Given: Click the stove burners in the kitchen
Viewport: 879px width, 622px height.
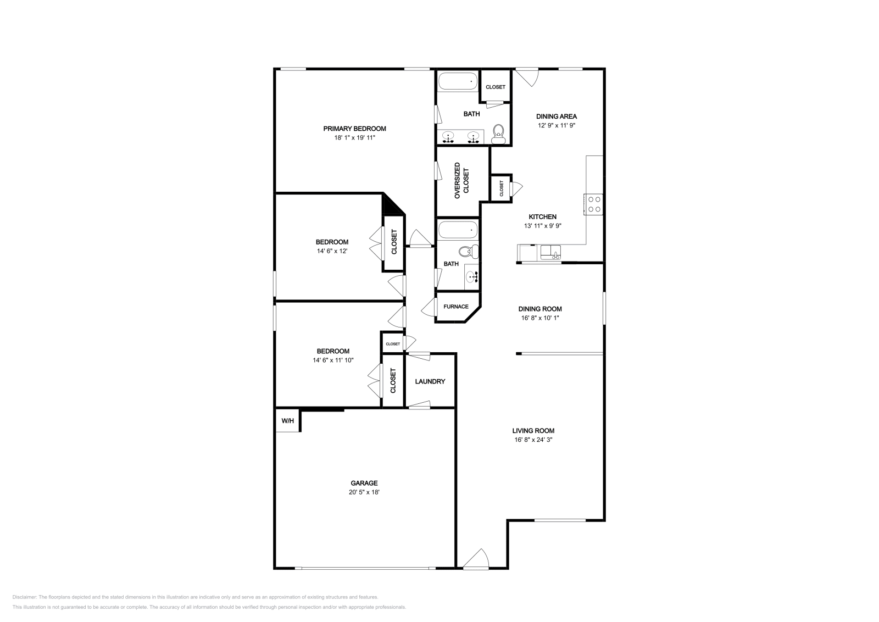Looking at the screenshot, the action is point(593,204).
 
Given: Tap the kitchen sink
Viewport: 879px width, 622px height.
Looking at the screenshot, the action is point(550,252).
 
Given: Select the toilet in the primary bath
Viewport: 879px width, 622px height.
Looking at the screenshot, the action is point(498,134).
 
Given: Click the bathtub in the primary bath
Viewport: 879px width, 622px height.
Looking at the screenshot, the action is point(458,81).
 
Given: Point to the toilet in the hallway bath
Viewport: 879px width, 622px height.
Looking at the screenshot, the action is point(469,251).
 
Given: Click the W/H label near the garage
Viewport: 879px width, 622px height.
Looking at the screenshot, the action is point(288,421).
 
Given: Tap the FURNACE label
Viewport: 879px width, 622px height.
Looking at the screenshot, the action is point(456,307).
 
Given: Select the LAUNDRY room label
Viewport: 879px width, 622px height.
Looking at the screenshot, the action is point(430,381).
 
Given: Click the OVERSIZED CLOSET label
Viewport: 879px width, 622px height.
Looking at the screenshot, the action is point(461,181).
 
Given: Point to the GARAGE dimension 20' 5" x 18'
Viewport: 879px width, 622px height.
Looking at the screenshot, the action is point(364,492).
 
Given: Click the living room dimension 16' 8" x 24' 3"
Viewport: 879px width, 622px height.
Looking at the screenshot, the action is point(533,440).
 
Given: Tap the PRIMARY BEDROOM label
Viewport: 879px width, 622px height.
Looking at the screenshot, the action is point(355,129).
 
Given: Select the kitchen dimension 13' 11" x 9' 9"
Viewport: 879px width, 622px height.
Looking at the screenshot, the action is point(543,226).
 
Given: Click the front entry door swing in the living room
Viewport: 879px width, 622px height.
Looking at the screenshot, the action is point(476,559).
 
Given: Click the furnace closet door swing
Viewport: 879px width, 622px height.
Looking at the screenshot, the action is point(428,307).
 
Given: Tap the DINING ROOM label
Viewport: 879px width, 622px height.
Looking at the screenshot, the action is point(540,309).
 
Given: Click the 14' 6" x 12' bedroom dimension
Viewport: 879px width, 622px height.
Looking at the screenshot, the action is point(332,251).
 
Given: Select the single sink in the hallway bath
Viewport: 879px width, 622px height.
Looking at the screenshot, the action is point(472,277).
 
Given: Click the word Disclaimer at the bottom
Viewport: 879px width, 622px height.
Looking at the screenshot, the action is point(24,597).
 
